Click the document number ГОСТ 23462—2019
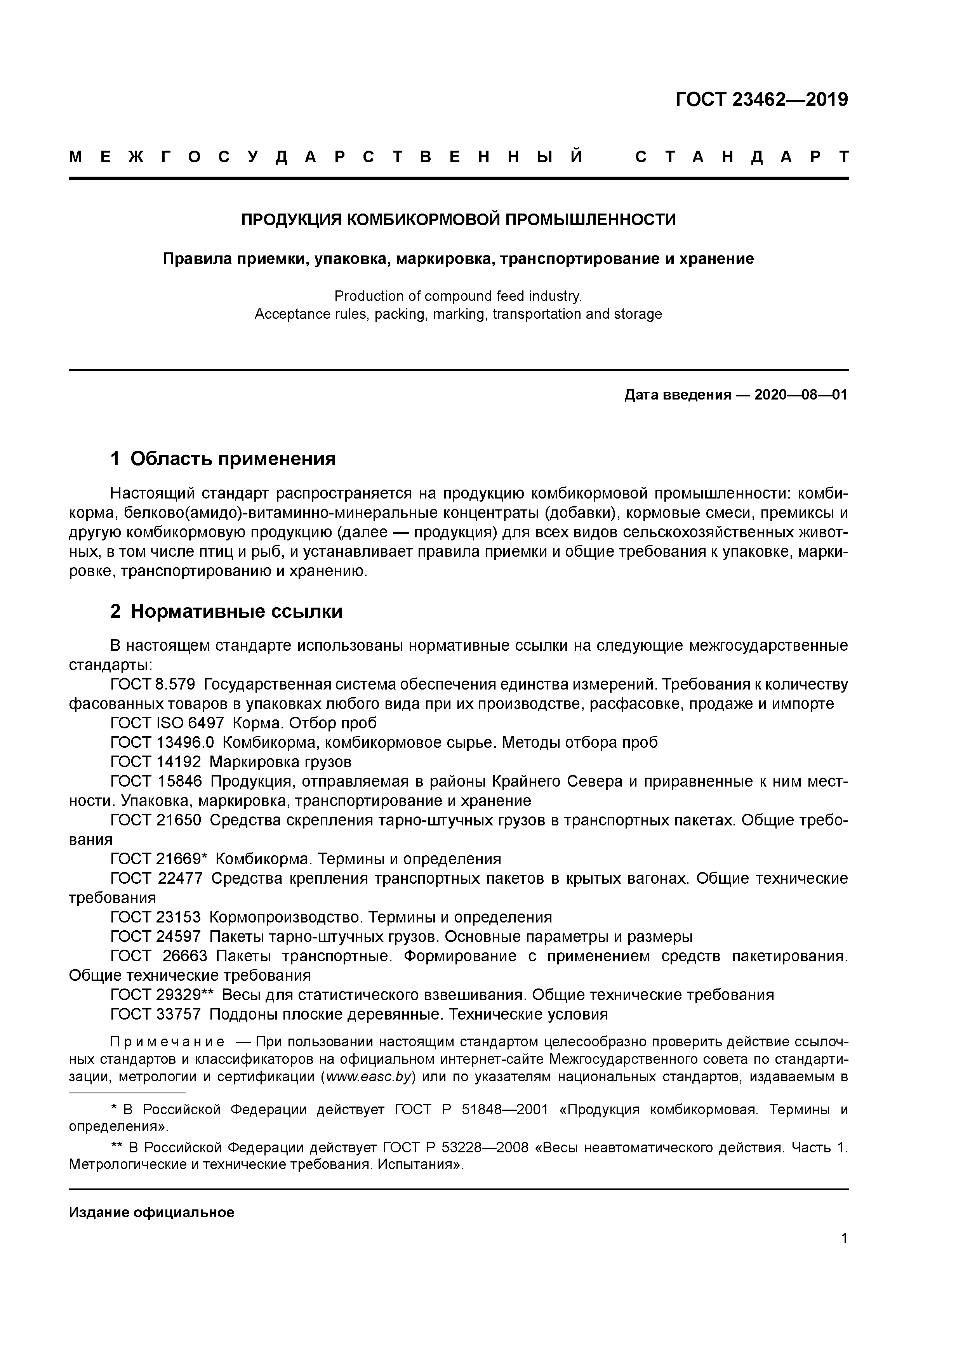pyautogui.click(x=761, y=100)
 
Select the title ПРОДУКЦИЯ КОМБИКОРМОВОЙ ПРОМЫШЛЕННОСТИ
pyautogui.click(x=458, y=220)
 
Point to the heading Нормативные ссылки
pyautogui.click(x=237, y=611)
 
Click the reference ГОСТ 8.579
pyautogui.click(x=153, y=684)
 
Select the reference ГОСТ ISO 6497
pyautogui.click(x=167, y=723)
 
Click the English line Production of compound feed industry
pyautogui.click(x=458, y=295)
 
